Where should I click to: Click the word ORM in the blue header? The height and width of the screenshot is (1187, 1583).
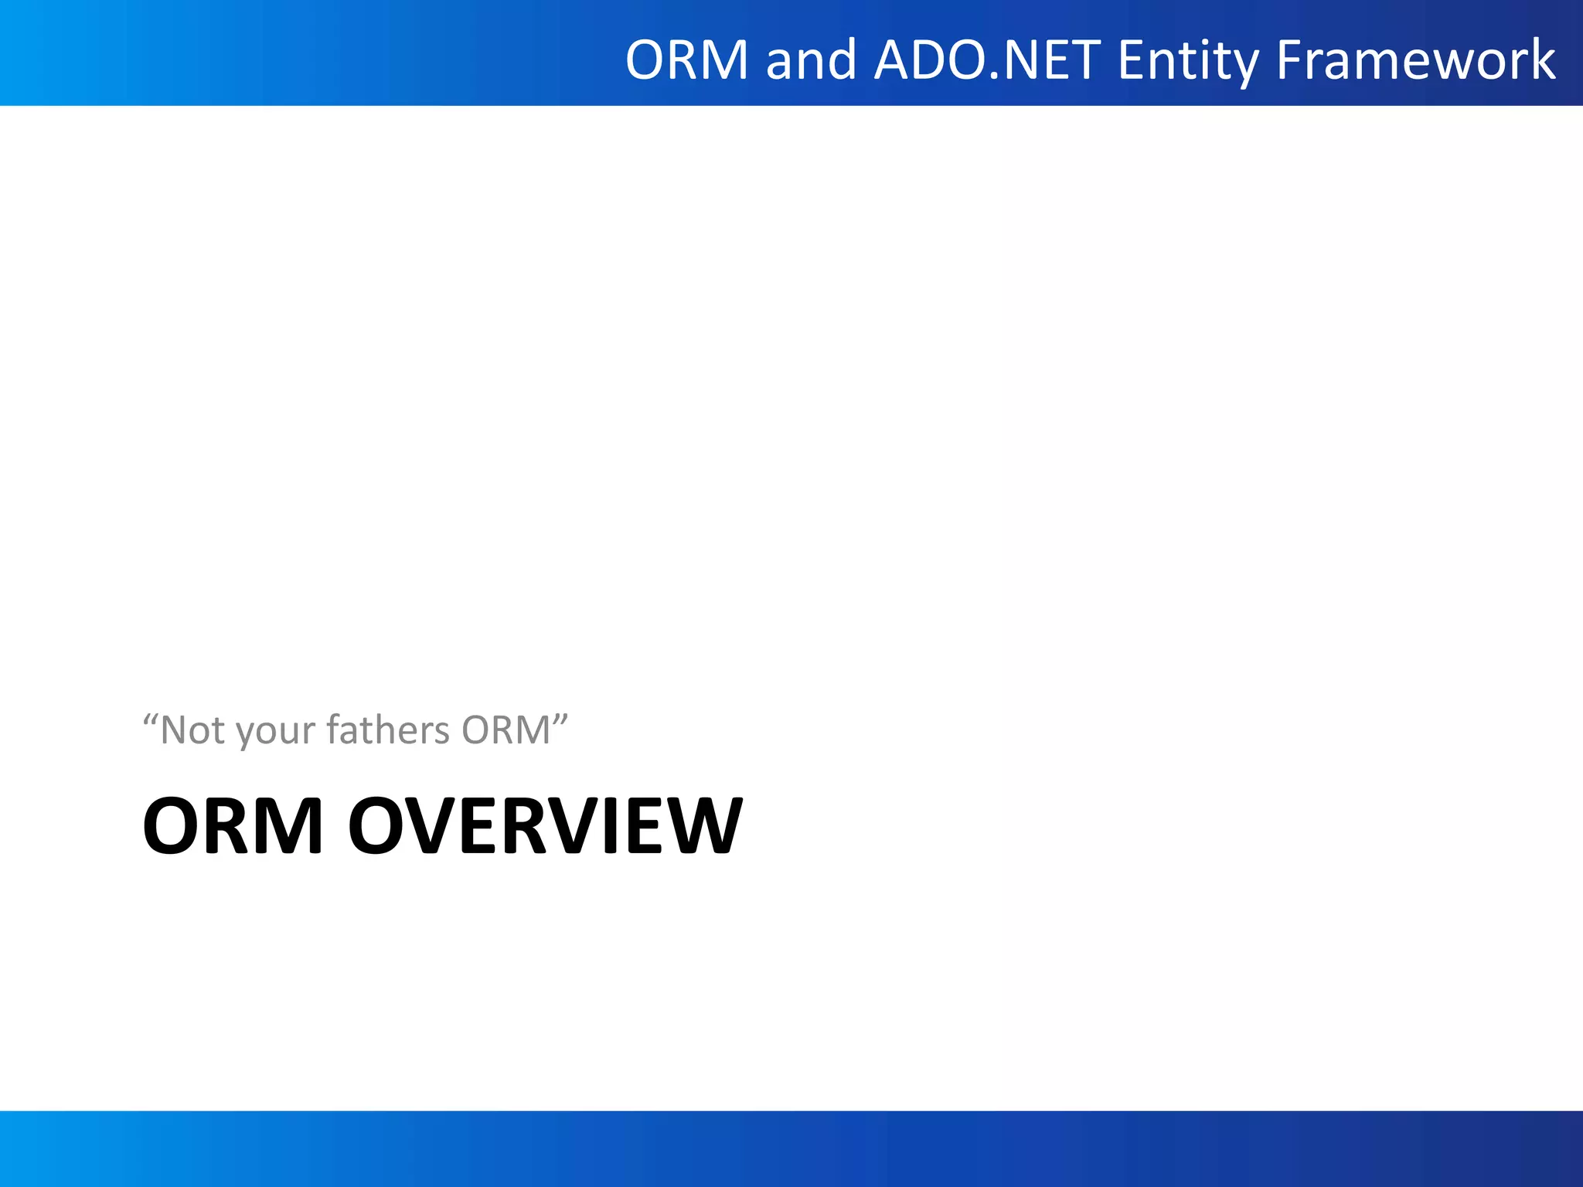click(686, 60)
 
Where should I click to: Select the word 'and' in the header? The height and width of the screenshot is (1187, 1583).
click(811, 60)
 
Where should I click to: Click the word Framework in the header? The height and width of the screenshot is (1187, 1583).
click(1415, 60)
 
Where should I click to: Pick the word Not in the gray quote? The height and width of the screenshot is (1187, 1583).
click(193, 730)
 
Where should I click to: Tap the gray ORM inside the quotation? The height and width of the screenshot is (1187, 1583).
click(506, 730)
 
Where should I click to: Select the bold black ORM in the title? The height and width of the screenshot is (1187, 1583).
click(232, 826)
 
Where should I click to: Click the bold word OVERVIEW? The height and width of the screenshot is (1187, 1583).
click(546, 826)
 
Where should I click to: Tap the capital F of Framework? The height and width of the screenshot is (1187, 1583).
click(1289, 60)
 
